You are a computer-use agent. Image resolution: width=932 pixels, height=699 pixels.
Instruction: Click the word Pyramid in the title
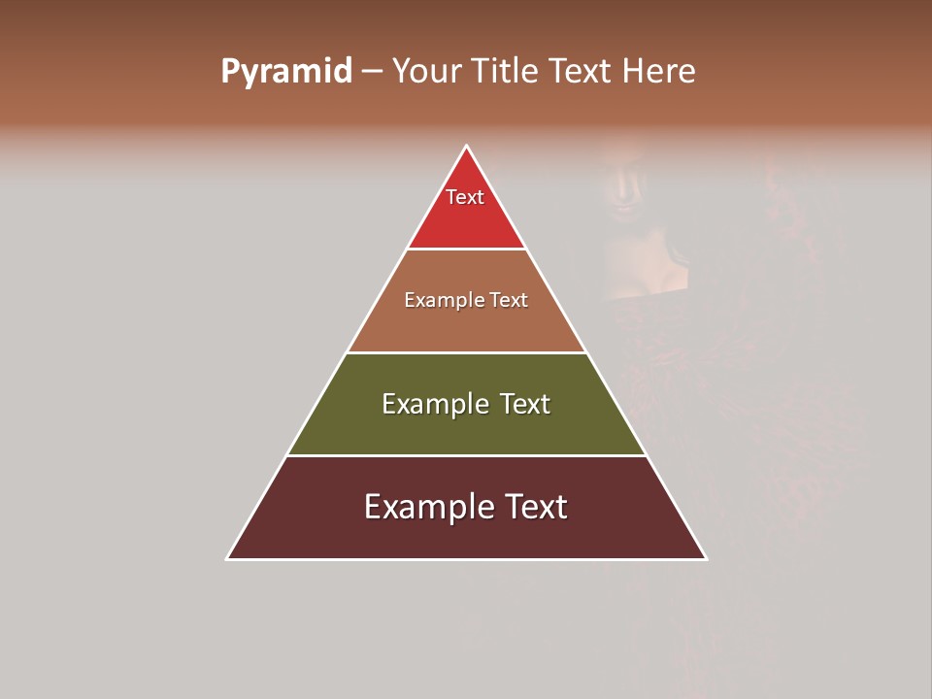tap(285, 72)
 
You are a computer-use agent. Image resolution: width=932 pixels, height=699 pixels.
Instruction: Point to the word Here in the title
tap(658, 72)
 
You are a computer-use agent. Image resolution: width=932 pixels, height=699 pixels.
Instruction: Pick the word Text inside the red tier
tap(465, 197)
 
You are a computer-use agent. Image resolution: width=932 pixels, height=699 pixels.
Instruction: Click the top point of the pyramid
tap(467, 147)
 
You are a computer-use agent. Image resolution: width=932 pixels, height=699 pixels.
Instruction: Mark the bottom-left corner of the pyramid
tap(228, 558)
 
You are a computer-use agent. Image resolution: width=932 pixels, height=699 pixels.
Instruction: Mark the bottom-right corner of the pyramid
tap(706, 558)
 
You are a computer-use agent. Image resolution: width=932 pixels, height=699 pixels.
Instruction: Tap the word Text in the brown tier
tap(509, 301)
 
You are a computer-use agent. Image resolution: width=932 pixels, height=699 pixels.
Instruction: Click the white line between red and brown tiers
tap(467, 250)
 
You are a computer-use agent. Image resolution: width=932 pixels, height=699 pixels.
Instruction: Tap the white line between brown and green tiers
tap(467, 352)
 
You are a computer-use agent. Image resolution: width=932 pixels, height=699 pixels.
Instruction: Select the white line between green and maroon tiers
tap(467, 455)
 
